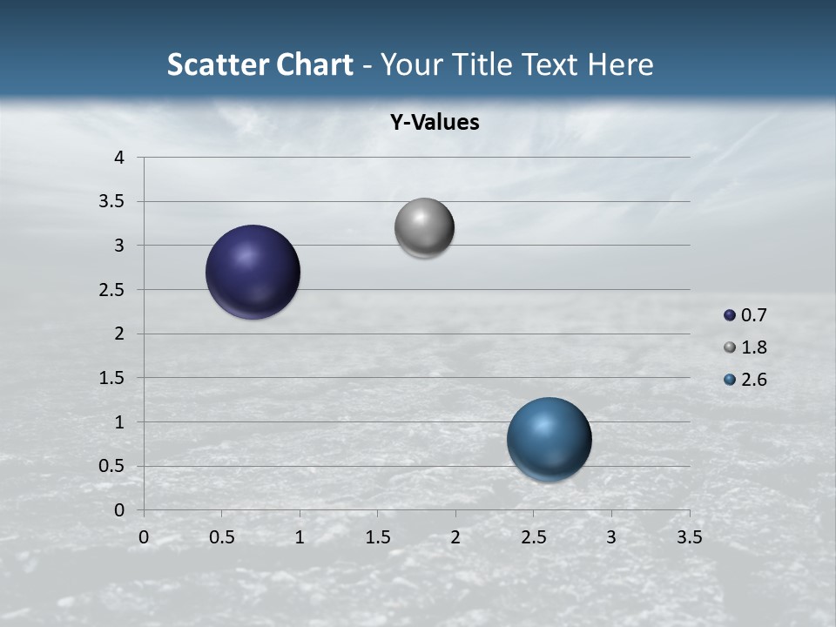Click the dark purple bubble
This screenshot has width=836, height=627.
[x=253, y=272]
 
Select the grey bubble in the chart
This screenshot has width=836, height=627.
[x=424, y=228]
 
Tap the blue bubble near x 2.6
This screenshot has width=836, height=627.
[x=549, y=439]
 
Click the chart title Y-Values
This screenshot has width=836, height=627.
[x=434, y=123]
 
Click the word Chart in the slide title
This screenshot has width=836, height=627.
[x=314, y=64]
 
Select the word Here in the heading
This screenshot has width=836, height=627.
[x=619, y=64]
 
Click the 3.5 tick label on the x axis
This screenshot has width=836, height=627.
[x=689, y=537]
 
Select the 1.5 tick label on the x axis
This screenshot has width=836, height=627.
[x=377, y=537]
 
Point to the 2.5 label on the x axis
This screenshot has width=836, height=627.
[x=533, y=537]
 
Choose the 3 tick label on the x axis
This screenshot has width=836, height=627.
[x=611, y=537]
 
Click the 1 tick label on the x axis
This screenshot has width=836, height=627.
[x=300, y=537]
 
